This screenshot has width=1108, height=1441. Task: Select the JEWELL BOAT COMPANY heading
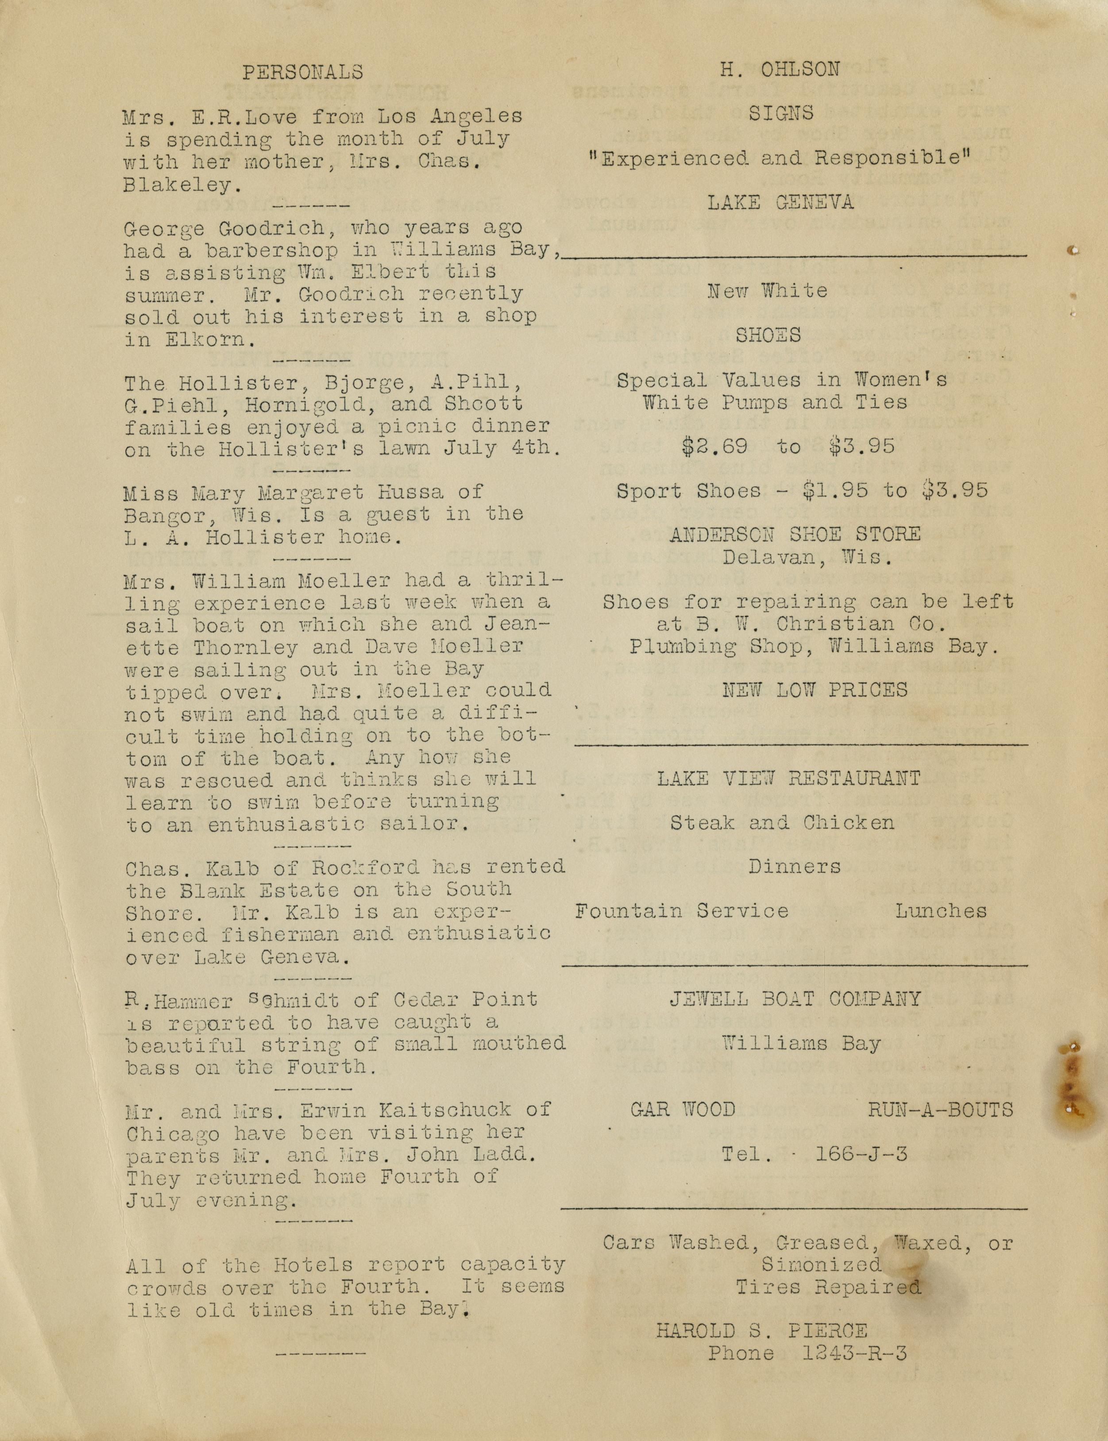pos(795,999)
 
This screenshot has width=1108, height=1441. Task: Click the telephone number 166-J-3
pos(861,1154)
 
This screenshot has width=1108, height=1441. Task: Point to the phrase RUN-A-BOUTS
pos(940,1110)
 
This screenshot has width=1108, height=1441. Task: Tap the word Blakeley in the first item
pos(178,185)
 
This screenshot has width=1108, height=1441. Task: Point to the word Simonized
pos(821,1264)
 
